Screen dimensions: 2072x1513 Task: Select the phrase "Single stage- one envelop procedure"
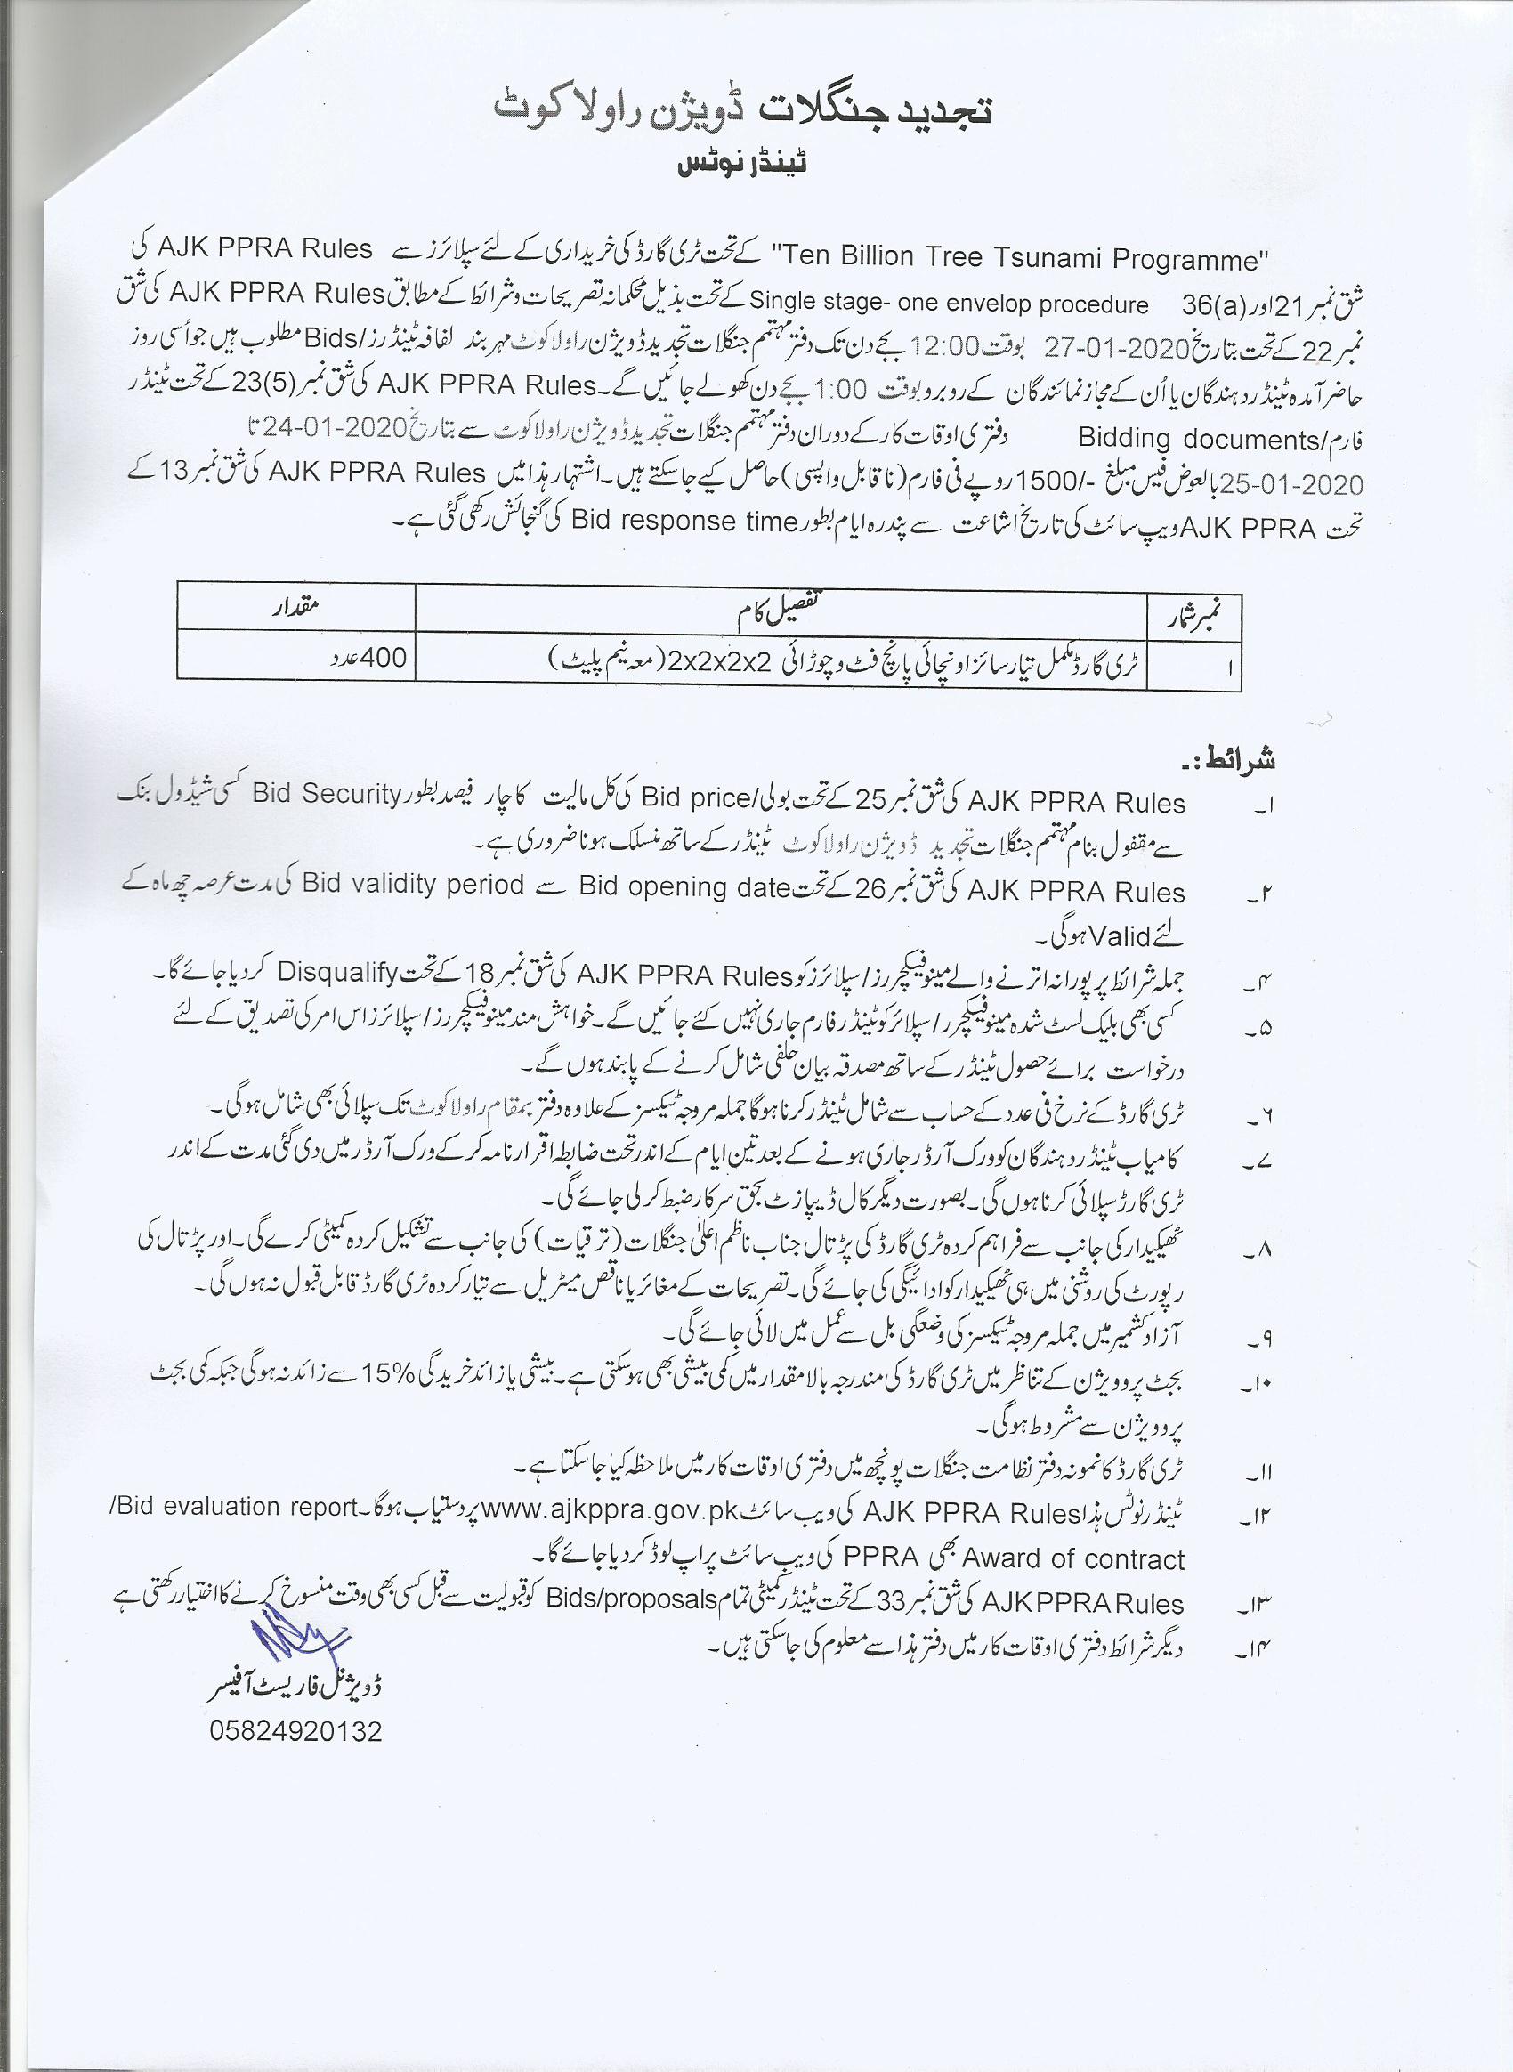point(949,304)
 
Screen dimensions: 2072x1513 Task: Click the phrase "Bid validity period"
point(413,885)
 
